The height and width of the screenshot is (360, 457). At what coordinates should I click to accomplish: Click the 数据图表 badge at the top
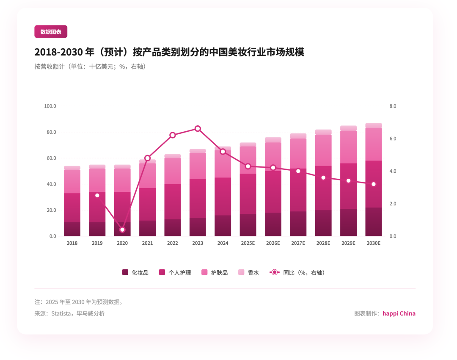pos(51,32)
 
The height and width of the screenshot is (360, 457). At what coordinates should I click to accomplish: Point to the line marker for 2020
pos(122,230)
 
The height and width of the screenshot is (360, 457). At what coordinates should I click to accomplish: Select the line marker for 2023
pos(198,129)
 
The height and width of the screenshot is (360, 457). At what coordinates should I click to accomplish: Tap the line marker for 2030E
pos(374,184)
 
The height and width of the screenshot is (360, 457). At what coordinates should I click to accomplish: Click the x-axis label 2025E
pos(248,243)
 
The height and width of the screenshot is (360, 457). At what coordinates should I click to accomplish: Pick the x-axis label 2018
pos(72,243)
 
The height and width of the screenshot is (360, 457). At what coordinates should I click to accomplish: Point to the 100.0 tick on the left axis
pos(50,106)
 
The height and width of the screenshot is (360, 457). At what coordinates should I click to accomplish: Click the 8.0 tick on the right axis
pos(392,106)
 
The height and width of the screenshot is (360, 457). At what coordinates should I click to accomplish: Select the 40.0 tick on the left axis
pos(51,184)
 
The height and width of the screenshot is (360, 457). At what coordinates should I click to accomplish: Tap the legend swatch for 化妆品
pos(125,272)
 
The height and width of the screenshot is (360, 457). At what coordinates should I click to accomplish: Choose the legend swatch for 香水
pos(242,272)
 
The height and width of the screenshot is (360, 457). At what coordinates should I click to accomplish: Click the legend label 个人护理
pos(180,273)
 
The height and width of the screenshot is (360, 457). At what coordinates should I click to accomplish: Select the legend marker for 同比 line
pos(275,272)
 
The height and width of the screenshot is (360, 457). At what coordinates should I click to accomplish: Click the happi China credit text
pos(399,314)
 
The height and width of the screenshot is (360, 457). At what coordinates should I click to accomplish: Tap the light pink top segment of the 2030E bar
pos(374,125)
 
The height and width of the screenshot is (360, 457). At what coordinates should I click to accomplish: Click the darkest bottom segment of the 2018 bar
pos(72,229)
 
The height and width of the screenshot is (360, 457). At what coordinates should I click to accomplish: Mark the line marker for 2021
pos(147,158)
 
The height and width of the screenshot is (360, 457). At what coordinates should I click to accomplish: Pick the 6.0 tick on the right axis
pos(392,138)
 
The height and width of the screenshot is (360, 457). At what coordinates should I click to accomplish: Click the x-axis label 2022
pos(173,243)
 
